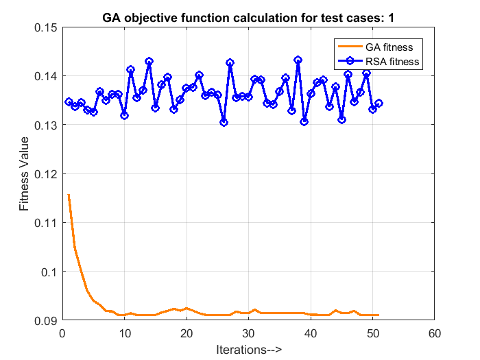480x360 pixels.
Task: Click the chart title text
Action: click(x=248, y=16)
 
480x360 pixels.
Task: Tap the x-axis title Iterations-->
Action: click(x=248, y=349)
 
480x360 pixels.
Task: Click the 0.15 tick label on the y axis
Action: click(x=44, y=27)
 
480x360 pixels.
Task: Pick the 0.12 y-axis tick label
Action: click(x=44, y=173)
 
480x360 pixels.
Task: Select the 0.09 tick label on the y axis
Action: click(x=44, y=320)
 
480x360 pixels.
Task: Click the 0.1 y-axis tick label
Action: click(x=47, y=272)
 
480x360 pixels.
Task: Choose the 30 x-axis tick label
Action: click(x=248, y=333)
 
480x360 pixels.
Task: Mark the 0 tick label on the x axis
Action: click(x=62, y=333)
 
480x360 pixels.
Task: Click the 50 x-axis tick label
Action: click(x=372, y=333)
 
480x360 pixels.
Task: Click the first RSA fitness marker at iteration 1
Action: click(x=69, y=101)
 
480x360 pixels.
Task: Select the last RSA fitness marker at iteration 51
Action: click(x=379, y=103)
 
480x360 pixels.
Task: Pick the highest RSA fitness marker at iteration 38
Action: click(x=298, y=60)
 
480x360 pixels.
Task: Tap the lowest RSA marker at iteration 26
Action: click(x=224, y=122)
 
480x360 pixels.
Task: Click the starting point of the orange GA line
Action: click(x=69, y=195)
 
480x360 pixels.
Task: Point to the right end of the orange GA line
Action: click(x=379, y=315)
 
